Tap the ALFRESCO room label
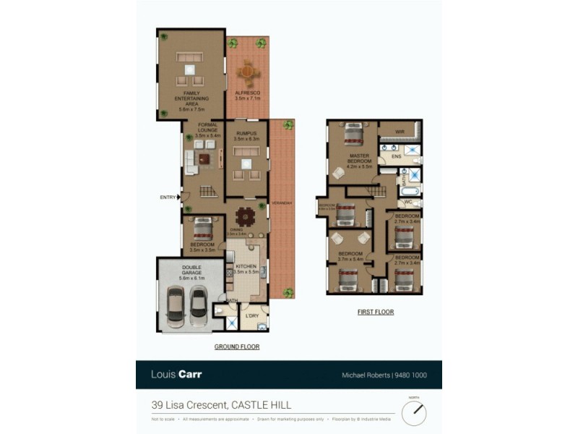[x=247, y=95]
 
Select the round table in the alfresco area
[x=247, y=72]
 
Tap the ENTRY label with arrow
[x=168, y=197]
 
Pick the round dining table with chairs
[x=246, y=216]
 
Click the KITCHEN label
[x=246, y=268]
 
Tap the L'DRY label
[x=252, y=316]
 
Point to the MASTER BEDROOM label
[x=359, y=160]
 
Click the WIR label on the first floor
[x=398, y=131]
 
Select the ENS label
[x=396, y=156]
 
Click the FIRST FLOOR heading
[x=376, y=312]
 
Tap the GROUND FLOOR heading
[x=237, y=347]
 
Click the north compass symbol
[x=414, y=412]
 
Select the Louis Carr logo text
[x=176, y=375]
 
